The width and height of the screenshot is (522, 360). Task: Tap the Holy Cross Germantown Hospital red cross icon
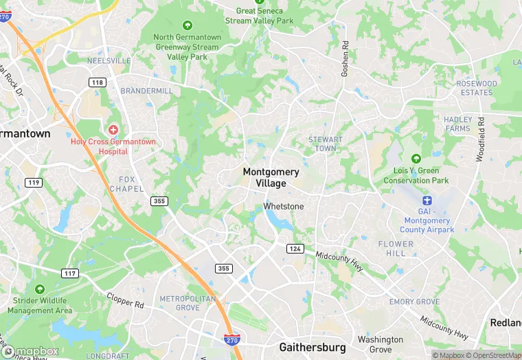(113, 129)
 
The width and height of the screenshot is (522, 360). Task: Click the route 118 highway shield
(98, 82)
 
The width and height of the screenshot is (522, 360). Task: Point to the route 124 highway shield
(295, 248)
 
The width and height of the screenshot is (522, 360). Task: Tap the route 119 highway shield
(33, 183)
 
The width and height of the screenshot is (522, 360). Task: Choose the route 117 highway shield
(69, 273)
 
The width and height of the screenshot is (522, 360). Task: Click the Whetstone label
(284, 206)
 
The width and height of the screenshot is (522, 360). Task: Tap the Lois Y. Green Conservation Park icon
(416, 159)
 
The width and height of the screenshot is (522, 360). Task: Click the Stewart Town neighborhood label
(325, 144)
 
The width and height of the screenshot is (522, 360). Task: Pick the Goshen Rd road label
(345, 56)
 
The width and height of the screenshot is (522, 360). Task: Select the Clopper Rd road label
(125, 300)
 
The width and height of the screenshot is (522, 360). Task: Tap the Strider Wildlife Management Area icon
(40, 289)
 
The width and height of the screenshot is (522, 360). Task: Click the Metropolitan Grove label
(188, 303)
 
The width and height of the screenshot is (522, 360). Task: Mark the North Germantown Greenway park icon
(188, 25)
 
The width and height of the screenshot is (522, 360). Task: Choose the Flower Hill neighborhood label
(396, 248)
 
